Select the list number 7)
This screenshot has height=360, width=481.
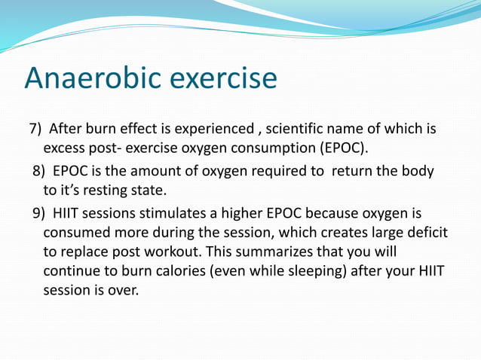pos(38,129)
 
